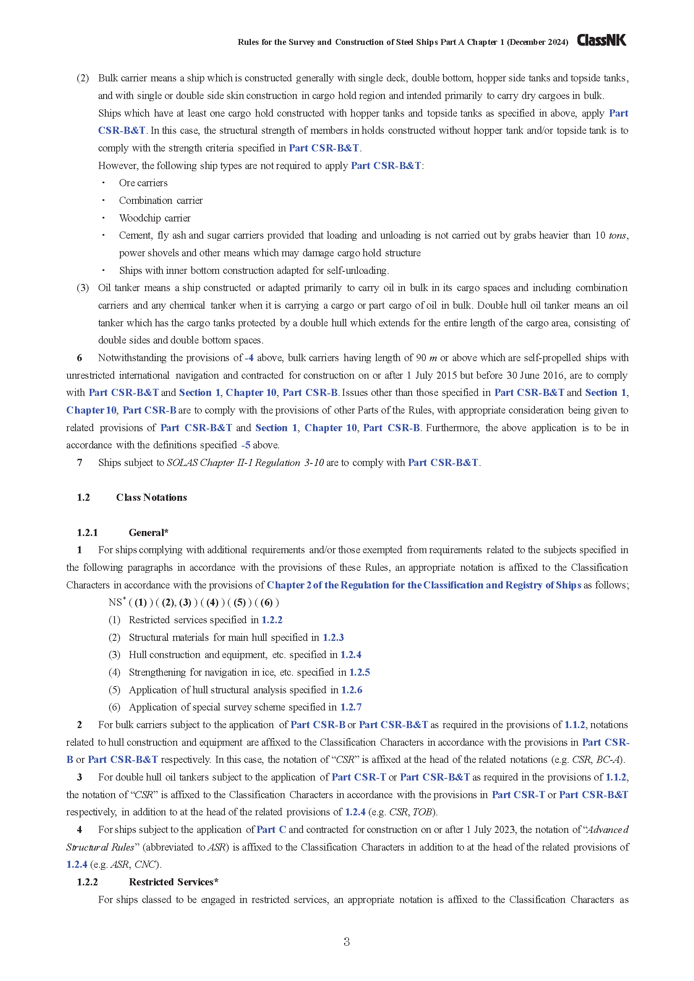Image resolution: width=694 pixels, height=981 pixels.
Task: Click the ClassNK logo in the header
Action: (601, 40)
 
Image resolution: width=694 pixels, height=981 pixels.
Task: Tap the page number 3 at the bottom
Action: (347, 942)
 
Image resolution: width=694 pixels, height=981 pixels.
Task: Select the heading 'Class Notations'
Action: (151, 497)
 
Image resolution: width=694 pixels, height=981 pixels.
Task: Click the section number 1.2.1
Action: (87, 532)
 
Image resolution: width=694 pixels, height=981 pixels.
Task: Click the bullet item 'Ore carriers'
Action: (143, 183)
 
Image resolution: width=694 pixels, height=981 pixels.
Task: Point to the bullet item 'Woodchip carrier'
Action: (155, 218)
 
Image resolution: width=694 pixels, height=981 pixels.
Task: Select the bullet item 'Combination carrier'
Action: (161, 200)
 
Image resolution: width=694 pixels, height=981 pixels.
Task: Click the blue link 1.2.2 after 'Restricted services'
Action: (272, 620)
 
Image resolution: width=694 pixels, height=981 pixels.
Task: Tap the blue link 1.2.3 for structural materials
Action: (333, 638)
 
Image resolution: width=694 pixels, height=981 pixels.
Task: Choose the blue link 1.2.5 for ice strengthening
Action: (360, 672)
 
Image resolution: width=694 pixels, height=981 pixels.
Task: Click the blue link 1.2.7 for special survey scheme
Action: (351, 707)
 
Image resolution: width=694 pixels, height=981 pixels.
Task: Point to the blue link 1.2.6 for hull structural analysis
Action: (351, 690)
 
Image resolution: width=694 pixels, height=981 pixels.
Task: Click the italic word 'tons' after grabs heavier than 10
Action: (618, 235)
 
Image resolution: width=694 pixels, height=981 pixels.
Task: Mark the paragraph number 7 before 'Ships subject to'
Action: (79, 463)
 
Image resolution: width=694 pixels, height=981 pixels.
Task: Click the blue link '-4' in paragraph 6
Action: (249, 358)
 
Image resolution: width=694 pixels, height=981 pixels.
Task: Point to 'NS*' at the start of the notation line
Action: (117, 602)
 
